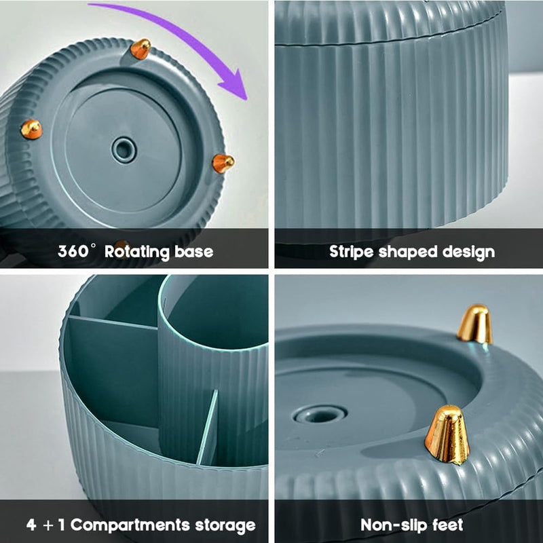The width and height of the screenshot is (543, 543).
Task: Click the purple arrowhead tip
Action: pyautogui.click(x=246, y=99)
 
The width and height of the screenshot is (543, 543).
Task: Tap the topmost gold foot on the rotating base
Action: pyautogui.click(x=141, y=49)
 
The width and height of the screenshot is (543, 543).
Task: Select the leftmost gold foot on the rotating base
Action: pyautogui.click(x=31, y=130)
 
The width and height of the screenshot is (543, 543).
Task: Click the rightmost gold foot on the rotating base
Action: pyautogui.click(x=223, y=164)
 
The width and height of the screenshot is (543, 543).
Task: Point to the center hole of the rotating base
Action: pyautogui.click(x=124, y=150)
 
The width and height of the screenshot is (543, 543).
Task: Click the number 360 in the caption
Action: pyautogui.click(x=73, y=251)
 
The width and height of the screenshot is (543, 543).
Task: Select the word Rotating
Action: pyautogui.click(x=137, y=252)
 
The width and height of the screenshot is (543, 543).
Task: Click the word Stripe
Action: pyautogui.click(x=351, y=252)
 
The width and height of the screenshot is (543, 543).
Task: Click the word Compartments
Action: pyautogui.click(x=130, y=525)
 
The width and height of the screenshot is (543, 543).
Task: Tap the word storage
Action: pyautogui.click(x=225, y=525)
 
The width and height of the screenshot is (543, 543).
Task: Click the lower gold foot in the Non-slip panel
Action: pyautogui.click(x=447, y=435)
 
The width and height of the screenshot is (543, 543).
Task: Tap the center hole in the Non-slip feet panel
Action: pyautogui.click(x=320, y=414)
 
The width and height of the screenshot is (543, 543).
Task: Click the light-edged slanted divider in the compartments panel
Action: pyautogui.click(x=208, y=428)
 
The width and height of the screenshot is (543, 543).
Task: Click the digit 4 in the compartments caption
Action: pyautogui.click(x=31, y=525)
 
